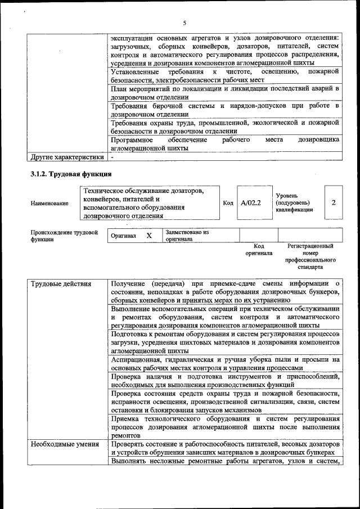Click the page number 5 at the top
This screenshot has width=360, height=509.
pos(184,23)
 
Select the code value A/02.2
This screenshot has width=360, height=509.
pos(251,202)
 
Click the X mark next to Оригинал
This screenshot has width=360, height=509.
pos(149,236)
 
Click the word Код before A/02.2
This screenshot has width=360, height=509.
pos(228,202)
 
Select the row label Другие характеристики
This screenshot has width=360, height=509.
pos(67,157)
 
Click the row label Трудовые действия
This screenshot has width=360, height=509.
pos(61,283)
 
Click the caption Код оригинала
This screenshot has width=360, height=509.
pos(259,250)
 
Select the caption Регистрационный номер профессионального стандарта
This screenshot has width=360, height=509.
pos(310,257)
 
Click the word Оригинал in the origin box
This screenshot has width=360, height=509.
pos(123,236)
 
